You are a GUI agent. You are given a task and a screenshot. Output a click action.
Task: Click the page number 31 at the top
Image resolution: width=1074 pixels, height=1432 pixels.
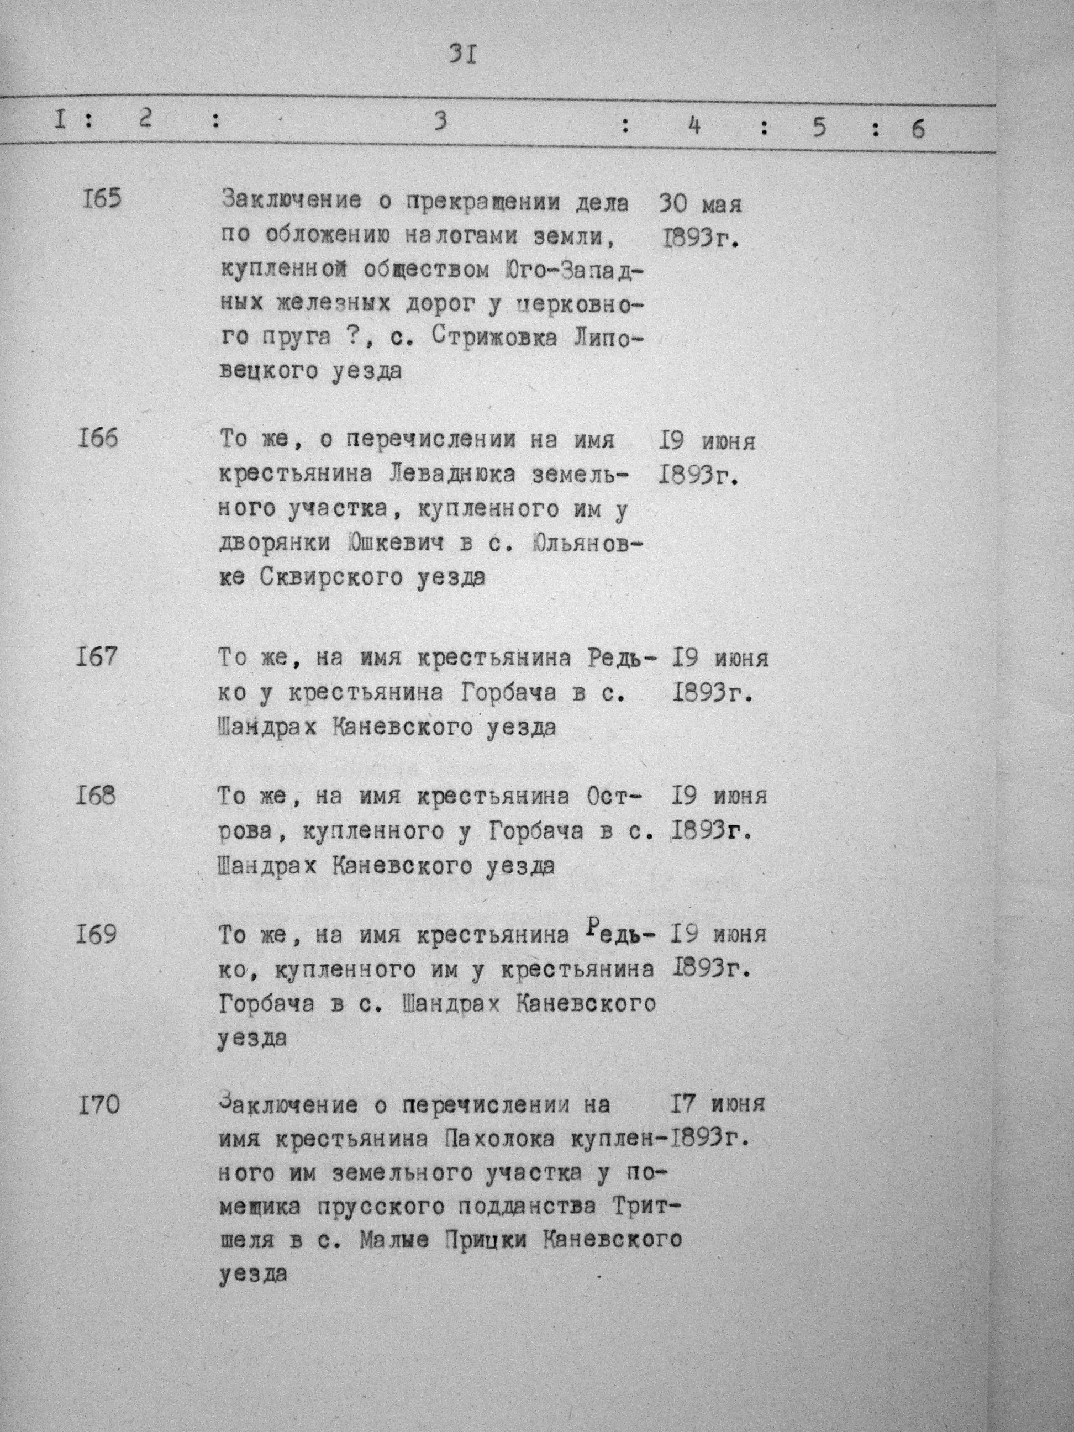tap(464, 56)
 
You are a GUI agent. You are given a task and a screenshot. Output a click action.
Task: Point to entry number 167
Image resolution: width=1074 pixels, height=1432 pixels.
tap(97, 657)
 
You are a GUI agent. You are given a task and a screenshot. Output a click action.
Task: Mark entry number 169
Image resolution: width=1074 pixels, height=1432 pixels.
tap(97, 935)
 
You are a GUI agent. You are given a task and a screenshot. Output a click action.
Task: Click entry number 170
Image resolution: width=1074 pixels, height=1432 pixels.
tap(98, 1104)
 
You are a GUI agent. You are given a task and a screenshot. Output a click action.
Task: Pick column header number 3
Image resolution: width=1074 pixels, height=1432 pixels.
tap(441, 121)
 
